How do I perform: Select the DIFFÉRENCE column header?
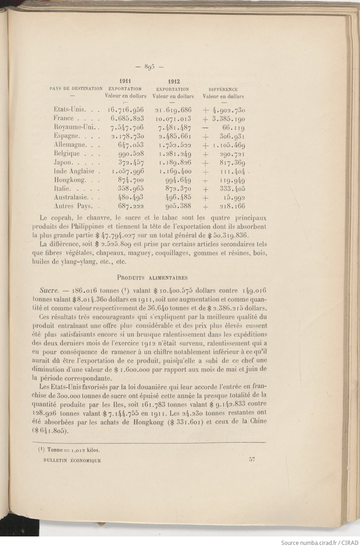[x=223, y=90]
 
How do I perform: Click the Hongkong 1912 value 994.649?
[x=178, y=180]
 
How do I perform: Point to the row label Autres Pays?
[x=73, y=206]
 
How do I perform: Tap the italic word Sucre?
[x=51, y=291]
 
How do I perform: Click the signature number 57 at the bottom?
[x=251, y=459]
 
